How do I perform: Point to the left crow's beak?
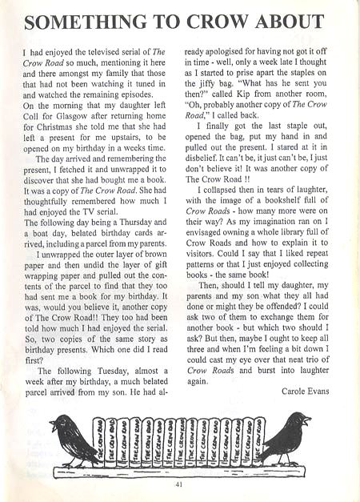click(x=51, y=424)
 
